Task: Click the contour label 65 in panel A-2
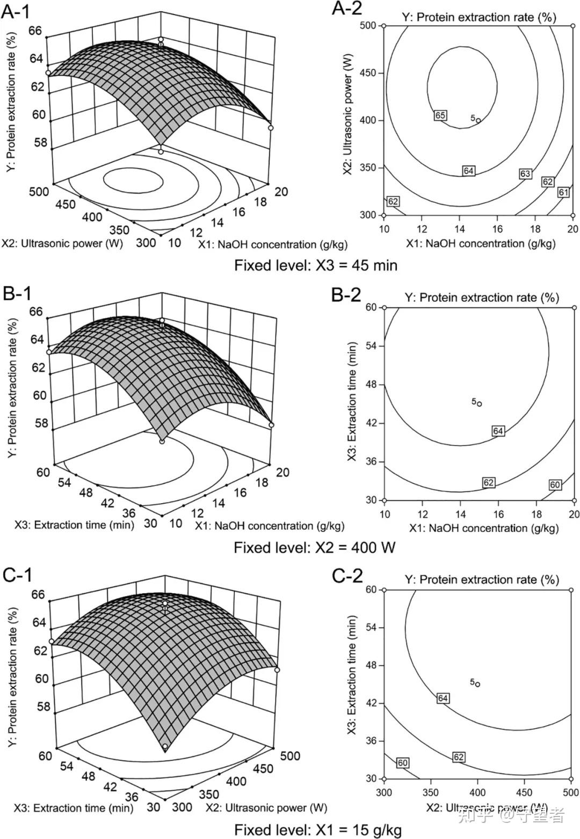coord(440,115)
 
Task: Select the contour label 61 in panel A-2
coord(563,192)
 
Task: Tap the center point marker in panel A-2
coord(478,120)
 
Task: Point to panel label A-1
coord(16,12)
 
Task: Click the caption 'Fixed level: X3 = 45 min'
coord(316,265)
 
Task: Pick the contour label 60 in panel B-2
coord(555,485)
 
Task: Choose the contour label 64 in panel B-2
coord(498,431)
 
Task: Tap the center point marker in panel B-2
coord(480,404)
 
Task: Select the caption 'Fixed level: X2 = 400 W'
coord(315,547)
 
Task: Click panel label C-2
coord(347,576)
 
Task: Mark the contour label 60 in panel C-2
coord(403,763)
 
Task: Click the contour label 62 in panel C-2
coord(458,757)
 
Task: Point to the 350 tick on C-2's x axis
coord(431,792)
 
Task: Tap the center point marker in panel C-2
coord(477,684)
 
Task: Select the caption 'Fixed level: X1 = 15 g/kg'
coord(318,830)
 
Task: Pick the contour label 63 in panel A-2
coord(525,174)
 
